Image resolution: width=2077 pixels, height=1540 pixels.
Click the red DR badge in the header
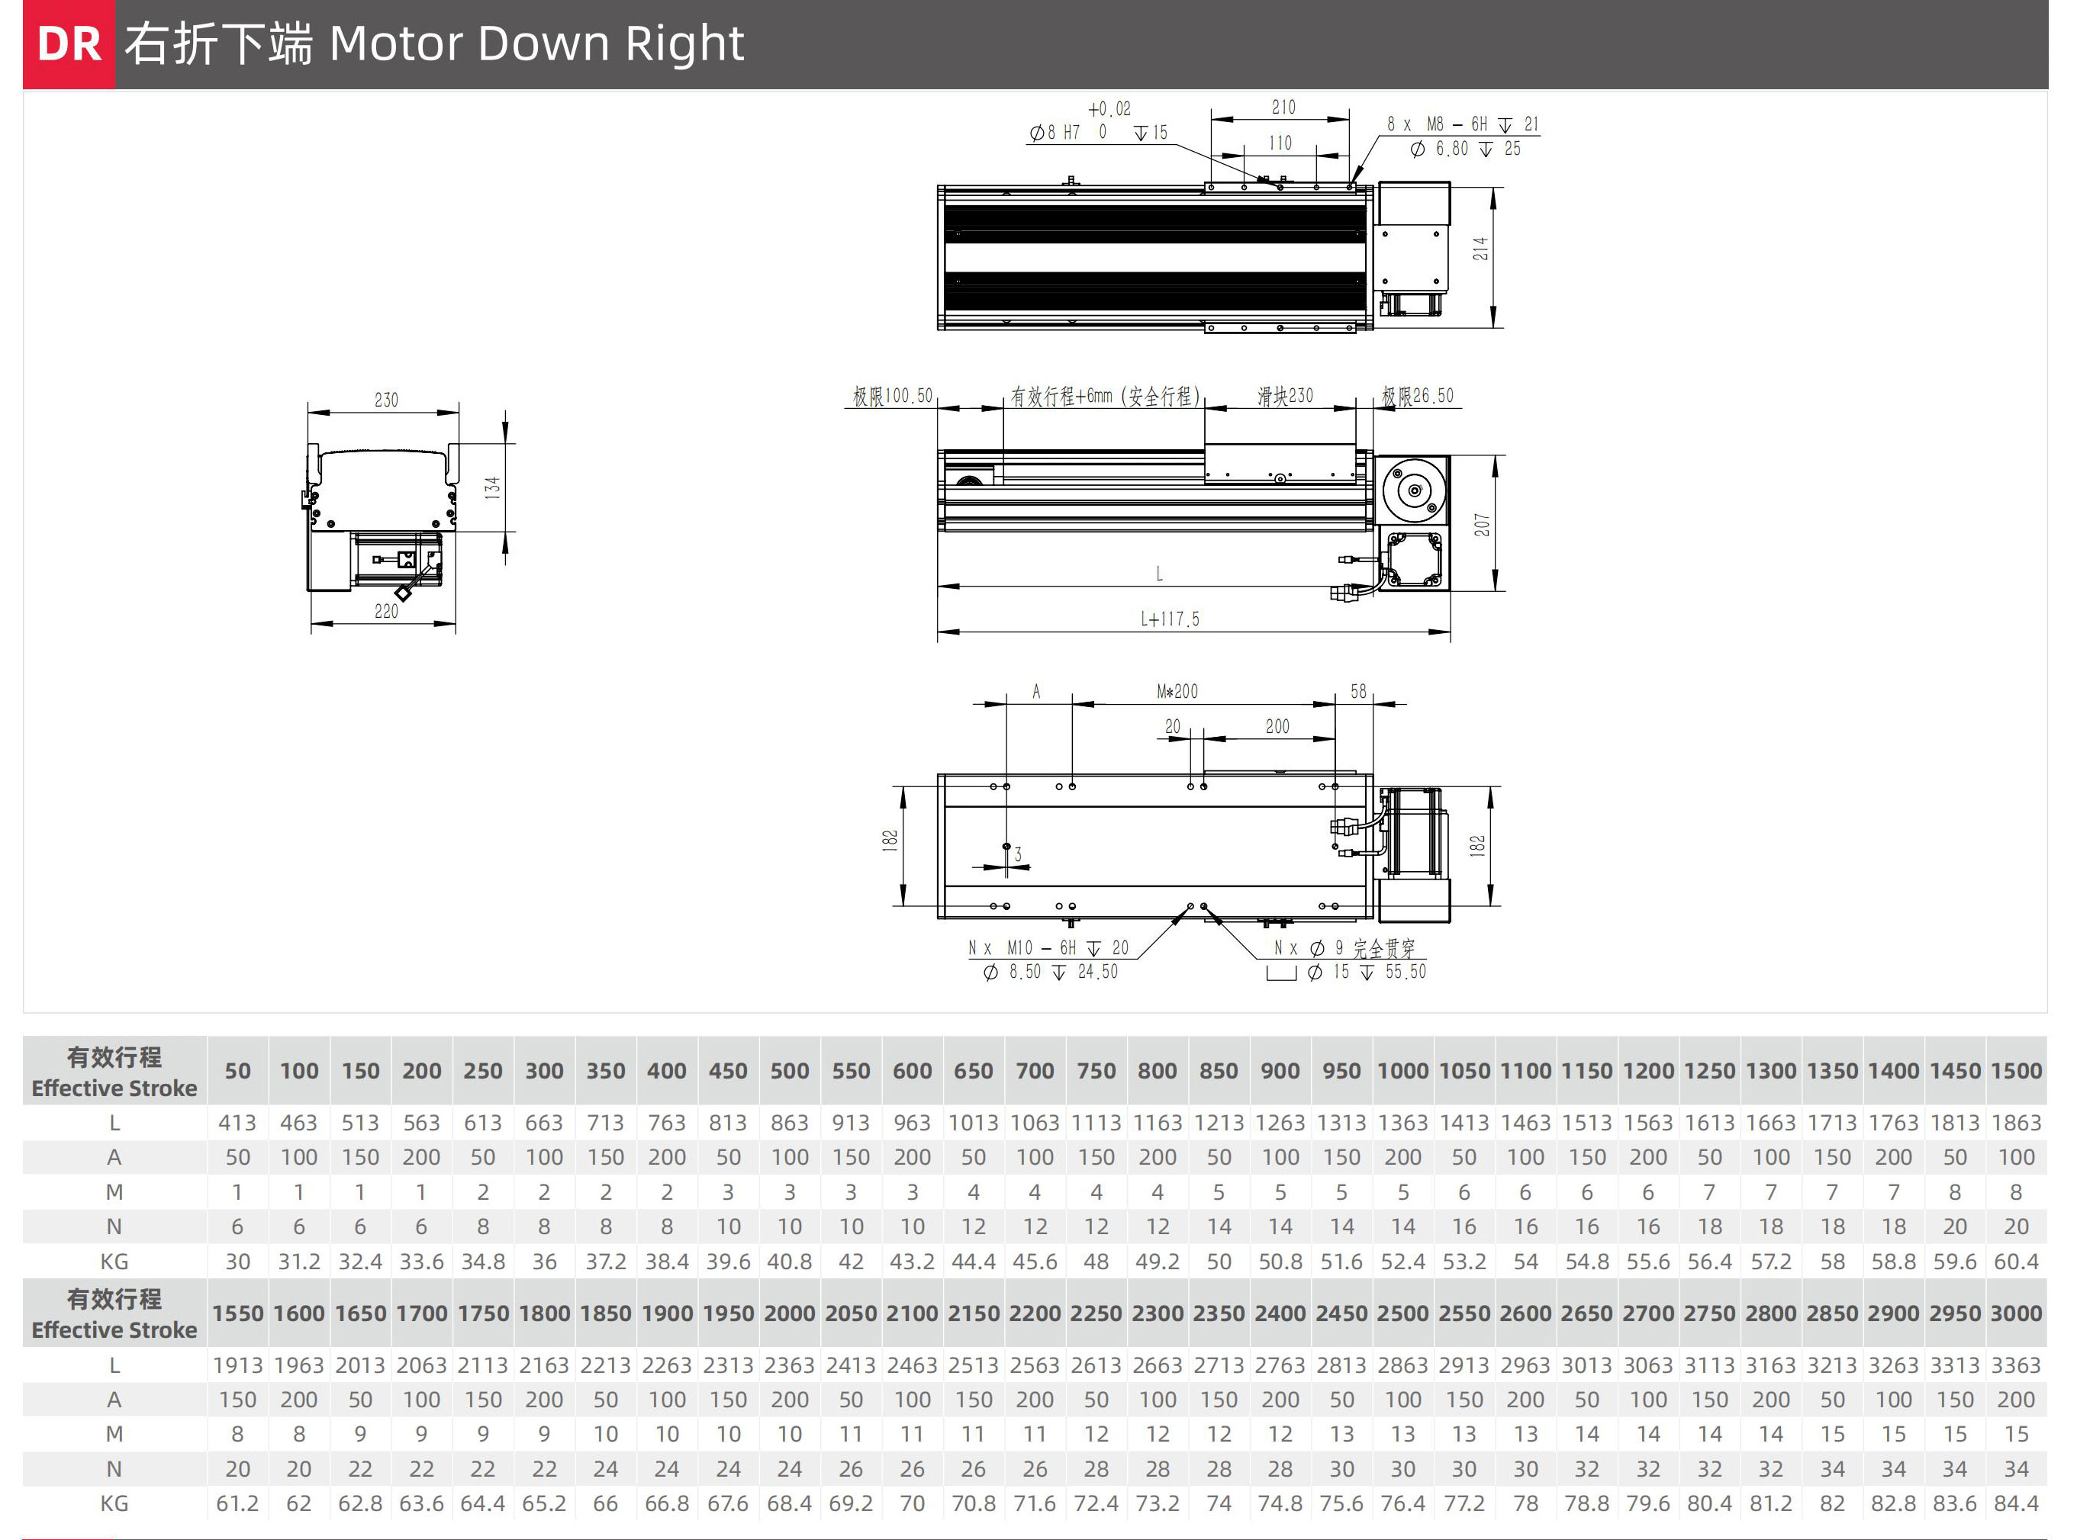tap(69, 43)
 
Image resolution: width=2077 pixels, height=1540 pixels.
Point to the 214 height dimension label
tap(1480, 249)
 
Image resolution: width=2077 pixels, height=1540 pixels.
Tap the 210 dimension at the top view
tap(1283, 108)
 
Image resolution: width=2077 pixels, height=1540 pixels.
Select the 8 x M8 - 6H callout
tap(1461, 124)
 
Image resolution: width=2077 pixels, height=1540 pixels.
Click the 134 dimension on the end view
tap(492, 487)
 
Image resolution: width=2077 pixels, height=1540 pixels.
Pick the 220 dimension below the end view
tap(386, 612)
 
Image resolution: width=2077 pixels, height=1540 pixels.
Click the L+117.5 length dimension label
tap(1170, 619)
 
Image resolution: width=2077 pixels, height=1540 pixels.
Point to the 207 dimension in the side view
tap(1482, 525)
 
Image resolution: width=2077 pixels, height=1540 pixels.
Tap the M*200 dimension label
tap(1177, 692)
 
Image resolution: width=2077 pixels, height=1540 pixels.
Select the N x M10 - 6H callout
tap(1048, 948)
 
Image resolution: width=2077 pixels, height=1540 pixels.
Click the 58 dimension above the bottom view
tap(1358, 692)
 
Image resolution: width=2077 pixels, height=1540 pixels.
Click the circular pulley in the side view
tap(1414, 491)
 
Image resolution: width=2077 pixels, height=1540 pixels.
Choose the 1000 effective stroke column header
tap(1402, 1071)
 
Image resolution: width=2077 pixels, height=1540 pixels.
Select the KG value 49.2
tap(1158, 1262)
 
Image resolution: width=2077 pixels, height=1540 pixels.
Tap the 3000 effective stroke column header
tap(2017, 1313)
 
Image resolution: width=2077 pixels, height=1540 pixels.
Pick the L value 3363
tap(2017, 1365)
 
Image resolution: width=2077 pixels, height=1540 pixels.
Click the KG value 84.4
tap(2017, 1503)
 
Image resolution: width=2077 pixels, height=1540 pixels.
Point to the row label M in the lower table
tap(114, 1435)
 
